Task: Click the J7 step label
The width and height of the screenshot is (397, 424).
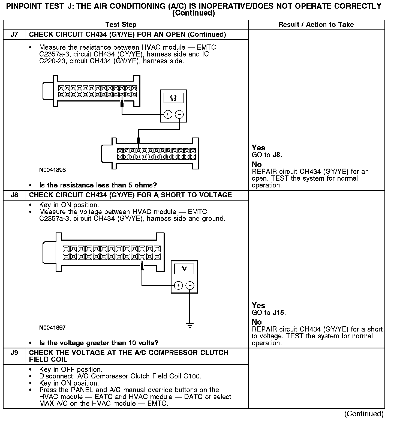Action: [x=14, y=35]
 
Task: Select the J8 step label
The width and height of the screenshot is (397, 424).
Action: [x=14, y=195]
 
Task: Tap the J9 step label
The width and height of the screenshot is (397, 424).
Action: [x=14, y=353]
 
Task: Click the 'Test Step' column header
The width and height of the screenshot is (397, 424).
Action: [x=121, y=25]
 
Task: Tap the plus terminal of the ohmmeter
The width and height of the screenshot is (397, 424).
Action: [x=168, y=114]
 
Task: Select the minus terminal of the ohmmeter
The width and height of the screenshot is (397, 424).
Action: [x=179, y=114]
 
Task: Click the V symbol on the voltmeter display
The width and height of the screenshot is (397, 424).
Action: [x=184, y=269]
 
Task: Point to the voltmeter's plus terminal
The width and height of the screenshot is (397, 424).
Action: [x=178, y=285]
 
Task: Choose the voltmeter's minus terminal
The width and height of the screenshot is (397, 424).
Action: [x=190, y=285]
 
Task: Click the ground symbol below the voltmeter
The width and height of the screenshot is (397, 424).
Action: [x=190, y=325]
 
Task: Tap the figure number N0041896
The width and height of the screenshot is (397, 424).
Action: [x=52, y=170]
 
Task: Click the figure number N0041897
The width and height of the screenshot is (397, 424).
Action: [x=52, y=327]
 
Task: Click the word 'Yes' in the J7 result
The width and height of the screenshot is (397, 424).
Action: [x=258, y=148]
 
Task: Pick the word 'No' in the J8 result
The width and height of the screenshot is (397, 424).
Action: [x=257, y=322]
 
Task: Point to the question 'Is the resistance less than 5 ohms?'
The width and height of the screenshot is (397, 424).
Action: [x=98, y=185]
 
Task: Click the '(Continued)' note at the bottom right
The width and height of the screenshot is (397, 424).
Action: [x=364, y=414]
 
